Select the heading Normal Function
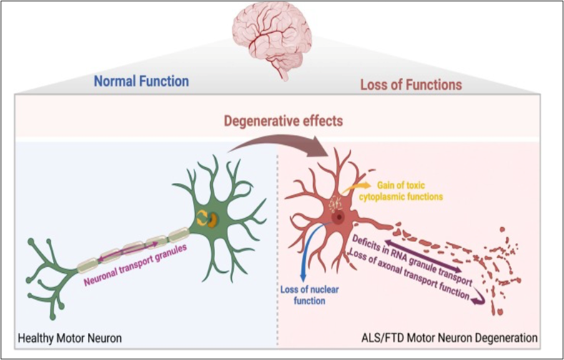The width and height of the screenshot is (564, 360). pyautogui.click(x=141, y=81)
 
